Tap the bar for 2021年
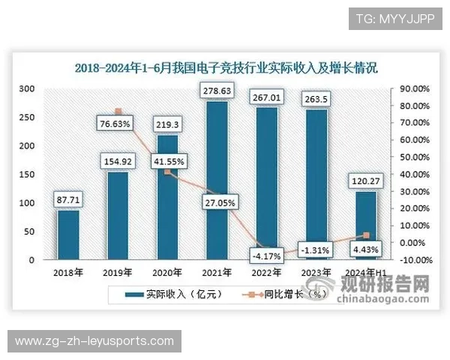(x=217, y=180)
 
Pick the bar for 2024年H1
(x=365, y=225)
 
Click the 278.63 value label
(x=217, y=91)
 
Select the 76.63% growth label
(x=117, y=122)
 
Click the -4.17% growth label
(x=266, y=256)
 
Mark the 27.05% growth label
(x=217, y=202)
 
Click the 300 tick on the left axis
(x=27, y=88)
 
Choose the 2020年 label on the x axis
(x=167, y=272)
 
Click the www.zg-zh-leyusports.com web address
(x=94, y=341)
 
